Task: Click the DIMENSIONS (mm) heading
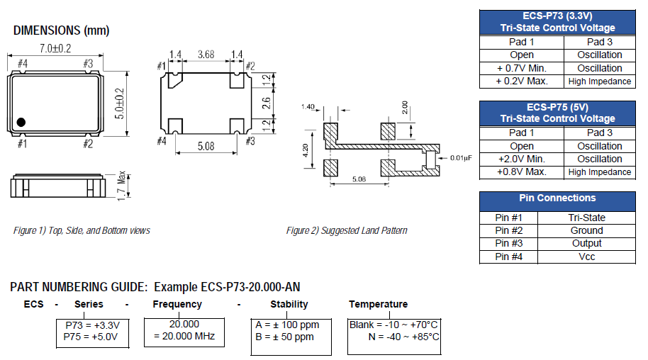tap(61, 30)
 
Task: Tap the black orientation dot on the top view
tap(21, 122)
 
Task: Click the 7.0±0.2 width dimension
tap(55, 48)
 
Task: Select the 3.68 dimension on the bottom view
tap(206, 54)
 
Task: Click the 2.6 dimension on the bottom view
tap(266, 103)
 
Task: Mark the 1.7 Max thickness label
tap(121, 186)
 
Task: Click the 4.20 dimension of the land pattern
tap(306, 151)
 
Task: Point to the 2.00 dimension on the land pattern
tap(404, 108)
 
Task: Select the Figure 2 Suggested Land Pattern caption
tap(347, 230)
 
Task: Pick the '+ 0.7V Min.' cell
tap(522, 68)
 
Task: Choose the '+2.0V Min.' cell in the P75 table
tap(522, 159)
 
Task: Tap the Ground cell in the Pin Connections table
tap(586, 230)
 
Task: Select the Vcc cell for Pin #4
tap(586, 257)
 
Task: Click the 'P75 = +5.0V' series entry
tap(92, 337)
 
